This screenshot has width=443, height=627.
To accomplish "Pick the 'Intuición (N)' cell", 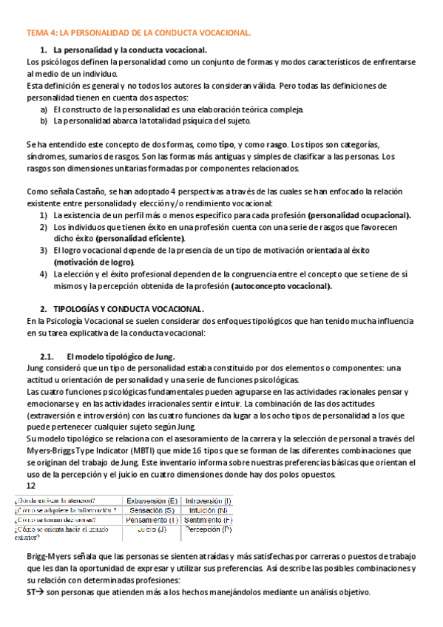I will [x=208, y=510].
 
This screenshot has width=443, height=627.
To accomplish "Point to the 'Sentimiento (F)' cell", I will [x=208, y=520].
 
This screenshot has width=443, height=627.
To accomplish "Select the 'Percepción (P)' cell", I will [x=208, y=529].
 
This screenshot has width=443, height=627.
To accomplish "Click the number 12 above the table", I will [x=30, y=486].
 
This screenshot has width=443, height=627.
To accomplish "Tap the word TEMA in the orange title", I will [x=37, y=33].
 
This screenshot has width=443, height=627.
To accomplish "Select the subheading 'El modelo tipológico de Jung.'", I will [x=120, y=356].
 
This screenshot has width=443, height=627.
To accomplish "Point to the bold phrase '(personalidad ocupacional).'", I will [x=359, y=214].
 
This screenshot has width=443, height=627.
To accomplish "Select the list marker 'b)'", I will [x=44, y=121].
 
